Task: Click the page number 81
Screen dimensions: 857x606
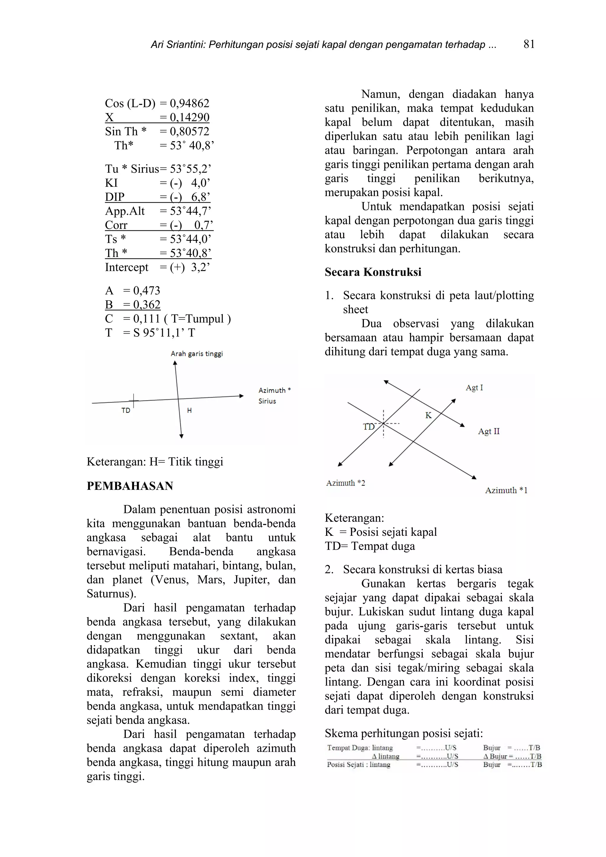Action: [529, 44]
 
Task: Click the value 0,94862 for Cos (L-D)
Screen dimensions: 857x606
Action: [189, 104]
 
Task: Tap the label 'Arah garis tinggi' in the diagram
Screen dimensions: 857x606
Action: [196, 354]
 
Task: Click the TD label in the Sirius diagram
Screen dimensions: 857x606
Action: [126, 411]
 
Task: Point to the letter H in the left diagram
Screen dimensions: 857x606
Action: [189, 411]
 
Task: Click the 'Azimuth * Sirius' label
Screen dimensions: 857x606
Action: [274, 396]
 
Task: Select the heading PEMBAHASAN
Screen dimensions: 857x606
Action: [130, 486]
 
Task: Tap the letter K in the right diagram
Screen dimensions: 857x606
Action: [428, 415]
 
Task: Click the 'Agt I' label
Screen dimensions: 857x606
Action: [474, 388]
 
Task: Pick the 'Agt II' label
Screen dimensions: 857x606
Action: [489, 432]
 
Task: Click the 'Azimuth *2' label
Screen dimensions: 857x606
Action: [345, 483]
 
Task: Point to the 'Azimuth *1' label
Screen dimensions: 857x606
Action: [506, 490]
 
